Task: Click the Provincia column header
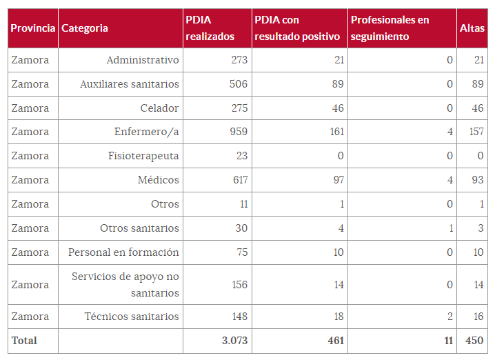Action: click(32, 28)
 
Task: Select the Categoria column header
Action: click(85, 28)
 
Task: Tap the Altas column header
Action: click(472, 28)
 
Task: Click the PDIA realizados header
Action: click(210, 28)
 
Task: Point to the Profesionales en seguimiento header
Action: click(390, 28)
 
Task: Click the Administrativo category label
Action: click(143, 60)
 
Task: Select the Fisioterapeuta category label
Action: click(143, 156)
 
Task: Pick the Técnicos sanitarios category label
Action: click(132, 317)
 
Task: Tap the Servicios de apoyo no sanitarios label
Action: click(125, 285)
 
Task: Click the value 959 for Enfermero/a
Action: click(239, 132)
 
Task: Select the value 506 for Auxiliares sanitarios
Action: click(239, 84)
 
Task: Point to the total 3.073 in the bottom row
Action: click(234, 341)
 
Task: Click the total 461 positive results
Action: click(335, 341)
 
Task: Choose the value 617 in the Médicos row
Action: click(239, 180)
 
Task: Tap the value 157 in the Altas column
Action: click(476, 132)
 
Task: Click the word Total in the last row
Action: click(24, 341)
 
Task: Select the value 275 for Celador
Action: click(239, 108)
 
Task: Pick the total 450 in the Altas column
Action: click(474, 341)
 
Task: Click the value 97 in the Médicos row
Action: click(337, 180)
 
